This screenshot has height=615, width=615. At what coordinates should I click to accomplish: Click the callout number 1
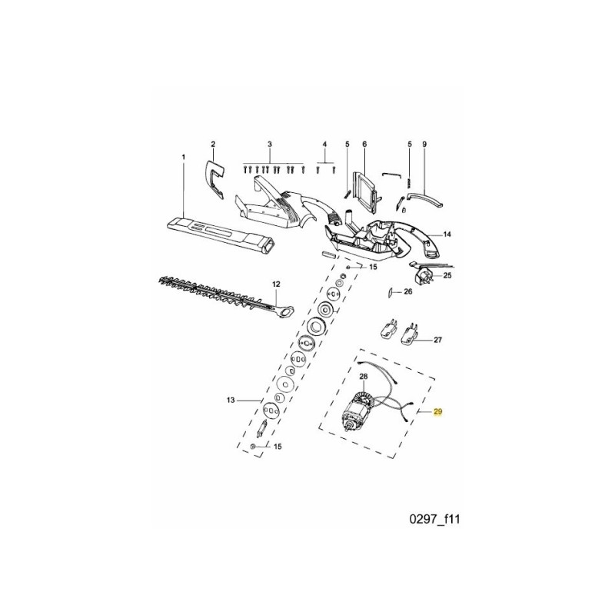pyautogui.click(x=184, y=157)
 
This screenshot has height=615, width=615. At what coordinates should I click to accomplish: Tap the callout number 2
pyautogui.click(x=213, y=145)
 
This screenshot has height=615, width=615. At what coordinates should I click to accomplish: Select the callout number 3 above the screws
pyautogui.click(x=271, y=145)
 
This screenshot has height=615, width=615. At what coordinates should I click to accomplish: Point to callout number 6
pyautogui.click(x=364, y=145)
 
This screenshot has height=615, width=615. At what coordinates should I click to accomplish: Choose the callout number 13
pyautogui.click(x=228, y=401)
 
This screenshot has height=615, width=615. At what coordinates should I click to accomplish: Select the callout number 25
pyautogui.click(x=448, y=274)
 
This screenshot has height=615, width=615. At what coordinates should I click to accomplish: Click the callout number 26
pyautogui.click(x=408, y=291)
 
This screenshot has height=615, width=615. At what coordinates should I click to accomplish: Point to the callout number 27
pyautogui.click(x=437, y=339)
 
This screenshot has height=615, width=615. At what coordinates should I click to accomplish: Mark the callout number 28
pyautogui.click(x=364, y=376)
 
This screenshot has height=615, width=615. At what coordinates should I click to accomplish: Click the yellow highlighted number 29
pyautogui.click(x=438, y=413)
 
